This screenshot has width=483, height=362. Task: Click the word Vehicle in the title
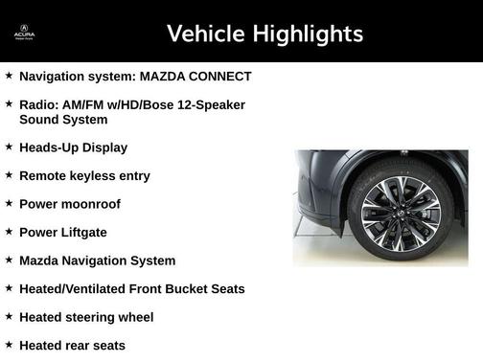205,34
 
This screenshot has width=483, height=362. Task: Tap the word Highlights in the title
307,34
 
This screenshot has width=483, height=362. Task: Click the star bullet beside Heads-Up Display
9,147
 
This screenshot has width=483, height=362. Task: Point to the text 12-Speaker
212,104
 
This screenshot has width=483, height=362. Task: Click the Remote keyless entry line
84,176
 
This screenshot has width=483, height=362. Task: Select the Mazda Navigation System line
97,260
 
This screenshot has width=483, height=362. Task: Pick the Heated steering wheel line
86,317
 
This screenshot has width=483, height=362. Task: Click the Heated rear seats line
72,345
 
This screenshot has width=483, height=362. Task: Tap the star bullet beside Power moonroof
9,204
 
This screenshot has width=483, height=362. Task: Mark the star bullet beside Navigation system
9,76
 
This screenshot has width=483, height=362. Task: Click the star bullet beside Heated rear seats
9,345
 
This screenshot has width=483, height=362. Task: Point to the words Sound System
63,120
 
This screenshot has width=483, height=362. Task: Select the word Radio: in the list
39,104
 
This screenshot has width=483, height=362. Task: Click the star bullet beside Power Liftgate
9,232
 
